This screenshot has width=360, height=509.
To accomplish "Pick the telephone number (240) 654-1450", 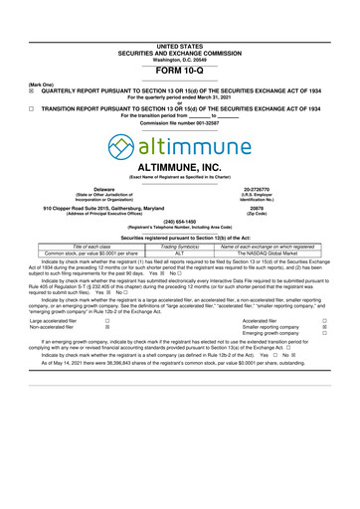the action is click(x=179, y=250).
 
